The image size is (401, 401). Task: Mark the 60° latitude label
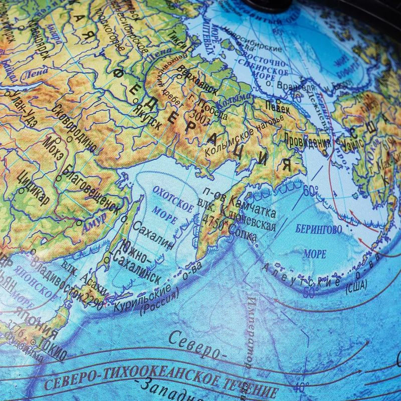pyautogui.click(x=310, y=190)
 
